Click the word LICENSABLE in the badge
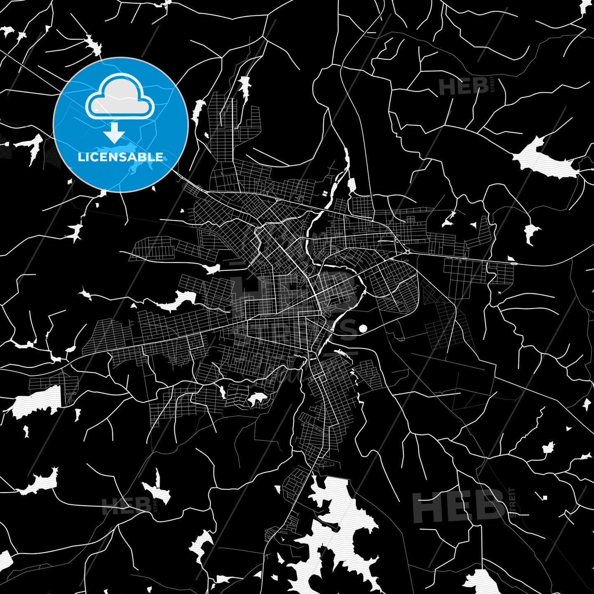[x=120, y=157]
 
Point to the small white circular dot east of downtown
[x=363, y=328]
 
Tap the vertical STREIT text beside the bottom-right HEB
[x=512, y=502]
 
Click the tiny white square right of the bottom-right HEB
[x=545, y=497]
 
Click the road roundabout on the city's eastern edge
[x=407, y=251]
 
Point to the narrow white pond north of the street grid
[x=244, y=87]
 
